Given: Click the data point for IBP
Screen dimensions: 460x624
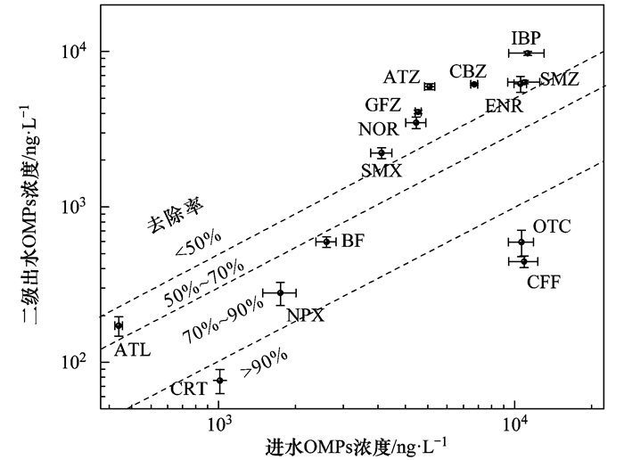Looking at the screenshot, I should coord(527,53).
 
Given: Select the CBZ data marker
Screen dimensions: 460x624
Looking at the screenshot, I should coord(474,84).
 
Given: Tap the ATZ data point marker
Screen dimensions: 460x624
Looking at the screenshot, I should coord(430,86).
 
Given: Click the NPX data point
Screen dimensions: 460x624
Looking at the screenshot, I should coord(280,292).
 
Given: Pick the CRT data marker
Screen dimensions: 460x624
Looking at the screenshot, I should coord(220,381).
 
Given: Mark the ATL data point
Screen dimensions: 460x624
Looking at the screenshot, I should coord(119,325).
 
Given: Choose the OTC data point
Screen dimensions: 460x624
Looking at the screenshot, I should coord(521,242).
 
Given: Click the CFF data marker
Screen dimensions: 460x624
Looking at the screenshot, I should coord(524,261).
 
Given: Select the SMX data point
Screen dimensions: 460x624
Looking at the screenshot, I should coord(382,153).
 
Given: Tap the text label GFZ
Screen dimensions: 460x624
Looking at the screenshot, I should coord(382,105).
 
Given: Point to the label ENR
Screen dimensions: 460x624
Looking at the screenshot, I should coord(504,106).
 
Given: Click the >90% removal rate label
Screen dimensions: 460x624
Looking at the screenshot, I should coord(263,360).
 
